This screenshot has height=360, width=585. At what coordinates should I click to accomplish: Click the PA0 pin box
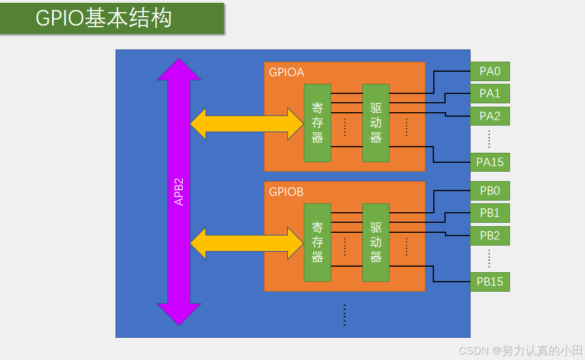pyautogui.click(x=489, y=71)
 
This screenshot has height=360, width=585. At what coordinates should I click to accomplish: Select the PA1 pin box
pyautogui.click(x=489, y=93)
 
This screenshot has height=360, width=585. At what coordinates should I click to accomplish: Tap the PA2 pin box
pyautogui.click(x=489, y=116)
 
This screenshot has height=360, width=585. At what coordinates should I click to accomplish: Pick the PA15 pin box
pyautogui.click(x=489, y=162)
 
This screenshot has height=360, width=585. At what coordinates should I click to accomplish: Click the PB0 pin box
pyautogui.click(x=489, y=191)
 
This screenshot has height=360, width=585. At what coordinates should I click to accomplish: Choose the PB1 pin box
pyautogui.click(x=489, y=213)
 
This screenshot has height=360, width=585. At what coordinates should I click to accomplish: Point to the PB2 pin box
pyautogui.click(x=489, y=236)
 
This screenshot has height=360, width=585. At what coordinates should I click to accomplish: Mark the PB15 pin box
pyautogui.click(x=489, y=282)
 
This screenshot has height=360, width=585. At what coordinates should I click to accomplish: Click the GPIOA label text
pyautogui.click(x=286, y=72)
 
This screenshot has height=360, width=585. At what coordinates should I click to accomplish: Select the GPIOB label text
pyautogui.click(x=286, y=192)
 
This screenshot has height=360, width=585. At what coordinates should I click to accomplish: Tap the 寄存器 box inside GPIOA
pyautogui.click(x=317, y=123)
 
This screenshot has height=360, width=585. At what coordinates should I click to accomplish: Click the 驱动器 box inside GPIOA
pyautogui.click(x=376, y=123)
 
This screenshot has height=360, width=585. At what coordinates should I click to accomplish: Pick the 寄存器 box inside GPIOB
pyautogui.click(x=317, y=242)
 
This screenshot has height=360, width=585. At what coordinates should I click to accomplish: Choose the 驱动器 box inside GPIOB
pyautogui.click(x=376, y=242)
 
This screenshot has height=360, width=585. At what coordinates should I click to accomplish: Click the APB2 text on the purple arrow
pyautogui.click(x=179, y=192)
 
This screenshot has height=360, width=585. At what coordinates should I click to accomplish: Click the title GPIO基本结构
pyautogui.click(x=104, y=18)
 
